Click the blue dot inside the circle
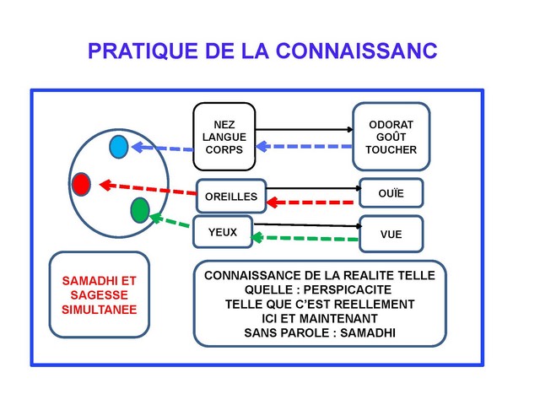click(119, 147)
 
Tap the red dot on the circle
click(81, 183)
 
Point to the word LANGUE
click(224, 135)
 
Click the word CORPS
click(224, 149)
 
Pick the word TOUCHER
click(391, 151)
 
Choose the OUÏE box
click(391, 194)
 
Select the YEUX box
click(223, 231)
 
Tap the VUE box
click(391, 235)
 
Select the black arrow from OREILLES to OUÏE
click(312, 187)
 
